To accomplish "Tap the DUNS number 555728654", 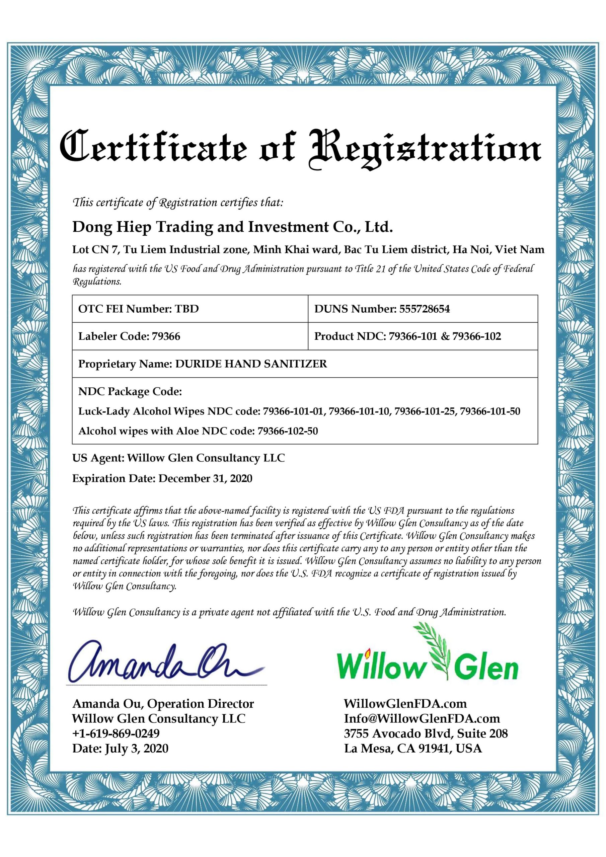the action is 424,309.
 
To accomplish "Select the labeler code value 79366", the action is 166,336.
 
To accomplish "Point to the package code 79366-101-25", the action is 425,411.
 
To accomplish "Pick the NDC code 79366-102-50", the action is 288,431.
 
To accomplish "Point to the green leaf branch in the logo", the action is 439,653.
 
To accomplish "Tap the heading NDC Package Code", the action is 130,392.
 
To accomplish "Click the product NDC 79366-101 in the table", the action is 412,336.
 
